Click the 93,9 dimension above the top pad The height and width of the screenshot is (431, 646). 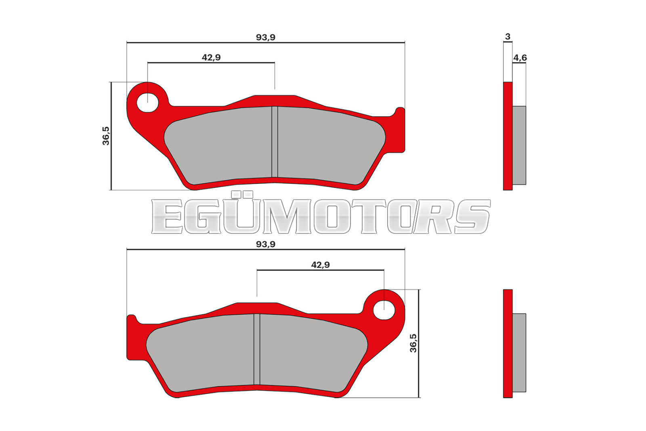click(x=266, y=38)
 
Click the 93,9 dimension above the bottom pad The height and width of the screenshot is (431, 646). click(x=266, y=244)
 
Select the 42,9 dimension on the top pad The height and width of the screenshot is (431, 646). click(x=211, y=57)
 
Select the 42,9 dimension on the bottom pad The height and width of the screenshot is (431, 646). click(x=321, y=265)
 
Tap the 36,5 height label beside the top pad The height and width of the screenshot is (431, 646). click(x=106, y=136)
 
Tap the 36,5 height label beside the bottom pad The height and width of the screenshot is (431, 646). click(x=413, y=343)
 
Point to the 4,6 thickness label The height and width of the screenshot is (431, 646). click(x=520, y=58)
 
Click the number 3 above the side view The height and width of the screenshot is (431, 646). click(x=508, y=37)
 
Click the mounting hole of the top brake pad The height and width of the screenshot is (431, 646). click(x=148, y=103)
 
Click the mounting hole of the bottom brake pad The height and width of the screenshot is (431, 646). click(x=384, y=310)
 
